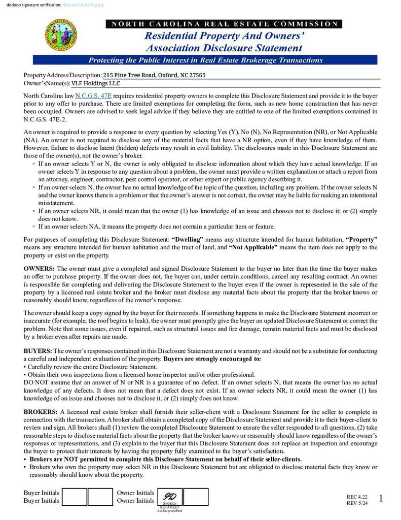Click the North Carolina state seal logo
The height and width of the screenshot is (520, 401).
pos(61,35)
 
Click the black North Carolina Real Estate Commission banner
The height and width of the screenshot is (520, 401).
pos(223,24)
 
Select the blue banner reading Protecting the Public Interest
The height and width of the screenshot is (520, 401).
pos(205,60)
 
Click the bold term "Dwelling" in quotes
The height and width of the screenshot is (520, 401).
pos(188,239)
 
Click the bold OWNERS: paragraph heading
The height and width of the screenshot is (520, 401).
pos(39,268)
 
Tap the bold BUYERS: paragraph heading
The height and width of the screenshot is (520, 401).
pos(38,351)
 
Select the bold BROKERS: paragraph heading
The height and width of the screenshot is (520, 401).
pos(41,412)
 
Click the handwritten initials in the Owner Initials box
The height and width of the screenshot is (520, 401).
pos(169,496)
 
